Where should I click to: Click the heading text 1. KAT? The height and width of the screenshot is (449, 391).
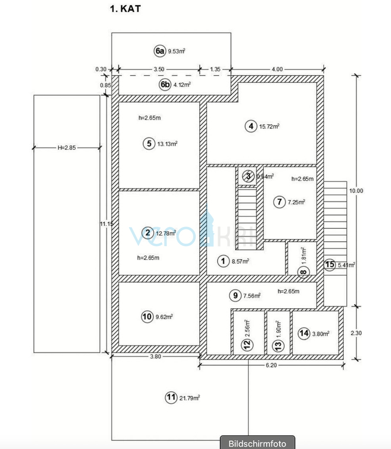point(125,9)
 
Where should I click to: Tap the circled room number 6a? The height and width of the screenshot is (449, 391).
point(160,51)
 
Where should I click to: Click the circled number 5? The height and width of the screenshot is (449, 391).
point(148,144)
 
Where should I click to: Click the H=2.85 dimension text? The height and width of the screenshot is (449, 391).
point(66,148)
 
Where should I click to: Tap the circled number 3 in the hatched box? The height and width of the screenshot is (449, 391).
point(248,176)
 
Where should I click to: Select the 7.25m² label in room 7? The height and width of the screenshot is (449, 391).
point(296,202)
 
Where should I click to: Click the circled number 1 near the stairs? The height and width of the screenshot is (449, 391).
point(223,261)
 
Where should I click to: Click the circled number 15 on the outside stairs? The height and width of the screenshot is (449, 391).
point(330,264)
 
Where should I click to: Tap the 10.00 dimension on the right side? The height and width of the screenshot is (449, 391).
point(357,191)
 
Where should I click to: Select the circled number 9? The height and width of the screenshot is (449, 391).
point(235,296)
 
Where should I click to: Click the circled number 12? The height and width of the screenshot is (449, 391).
point(248,344)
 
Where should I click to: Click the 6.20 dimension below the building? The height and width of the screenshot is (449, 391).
point(271,365)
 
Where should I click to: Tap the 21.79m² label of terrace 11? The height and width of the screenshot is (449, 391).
point(189,398)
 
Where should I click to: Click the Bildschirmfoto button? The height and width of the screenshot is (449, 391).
point(258,443)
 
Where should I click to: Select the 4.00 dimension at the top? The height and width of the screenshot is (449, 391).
point(277,69)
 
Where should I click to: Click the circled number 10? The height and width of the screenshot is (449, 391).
point(147,317)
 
